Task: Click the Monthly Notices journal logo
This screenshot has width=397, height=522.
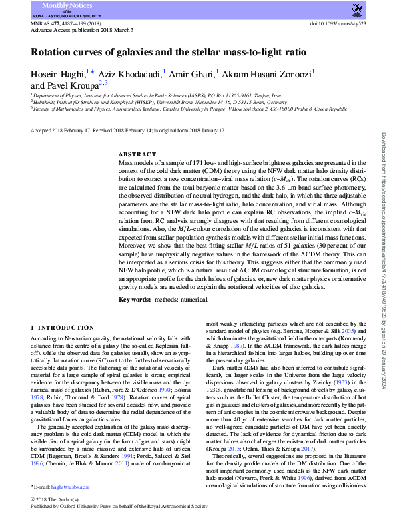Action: [x=65, y=9]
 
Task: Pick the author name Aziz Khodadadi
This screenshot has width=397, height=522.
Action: [x=129, y=75]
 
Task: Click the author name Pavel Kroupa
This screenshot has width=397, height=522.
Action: [x=65, y=86]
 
